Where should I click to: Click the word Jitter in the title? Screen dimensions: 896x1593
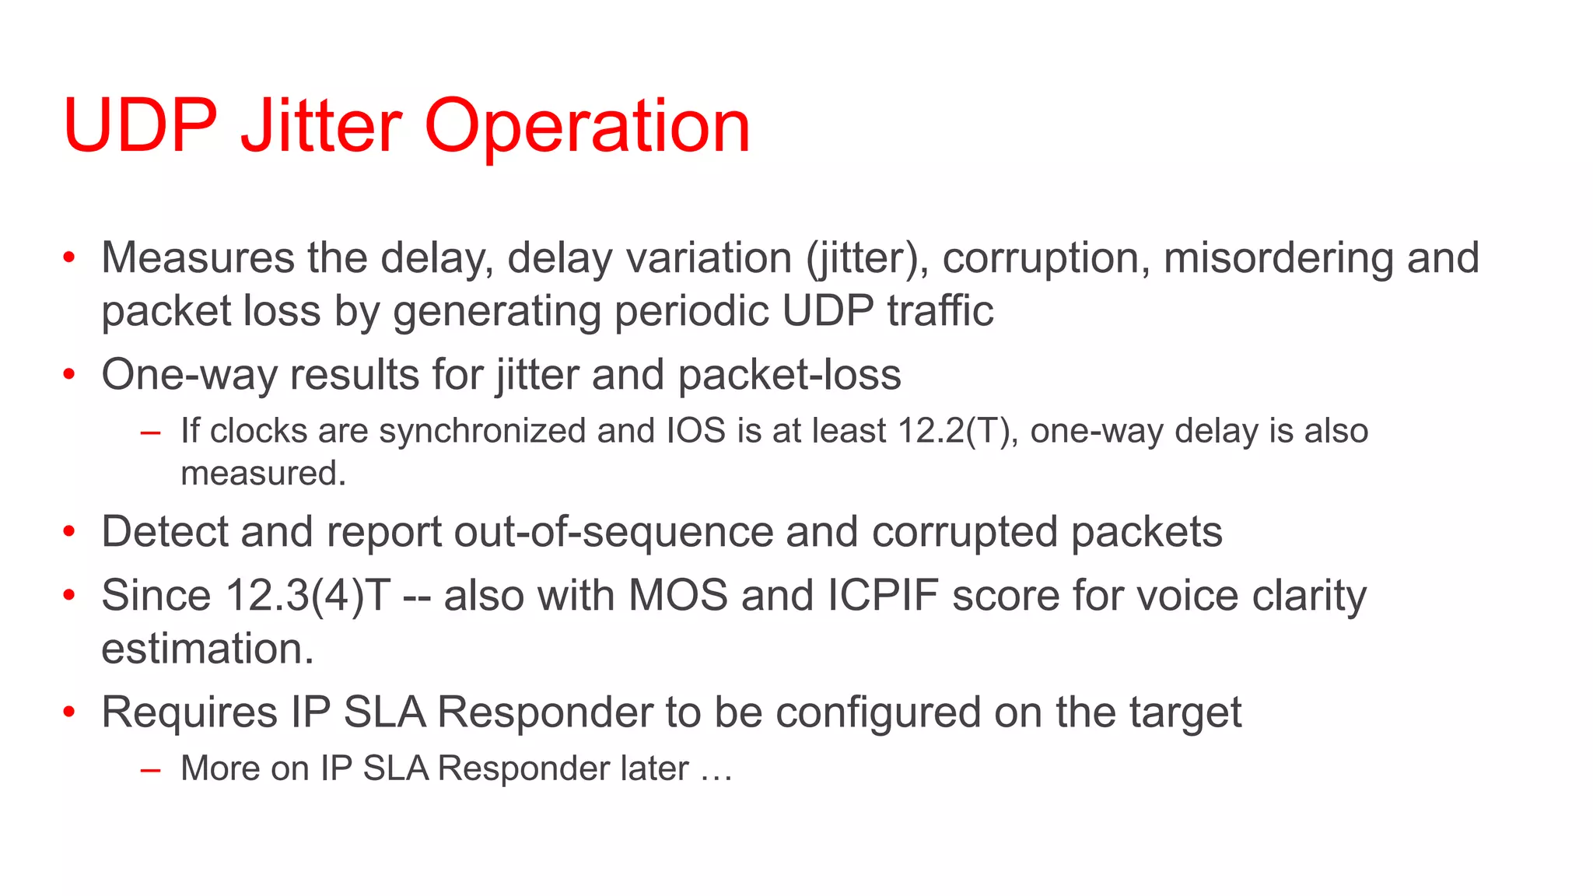click(x=321, y=126)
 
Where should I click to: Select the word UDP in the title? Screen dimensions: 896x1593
click(x=140, y=126)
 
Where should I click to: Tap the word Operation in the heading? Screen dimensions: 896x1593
click(x=587, y=126)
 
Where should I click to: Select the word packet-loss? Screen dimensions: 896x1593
click(x=789, y=375)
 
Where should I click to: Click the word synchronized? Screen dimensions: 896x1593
click(x=481, y=431)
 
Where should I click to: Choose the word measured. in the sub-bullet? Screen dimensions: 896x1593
click(x=263, y=473)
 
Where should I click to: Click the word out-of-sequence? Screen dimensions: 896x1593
click(x=614, y=533)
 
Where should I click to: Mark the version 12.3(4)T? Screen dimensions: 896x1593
click(x=308, y=597)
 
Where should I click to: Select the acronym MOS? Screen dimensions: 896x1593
click(x=677, y=597)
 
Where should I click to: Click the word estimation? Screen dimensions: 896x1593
click(x=208, y=649)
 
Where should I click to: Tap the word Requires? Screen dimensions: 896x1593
click(x=189, y=712)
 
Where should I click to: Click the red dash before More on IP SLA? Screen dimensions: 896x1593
click(x=150, y=771)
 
